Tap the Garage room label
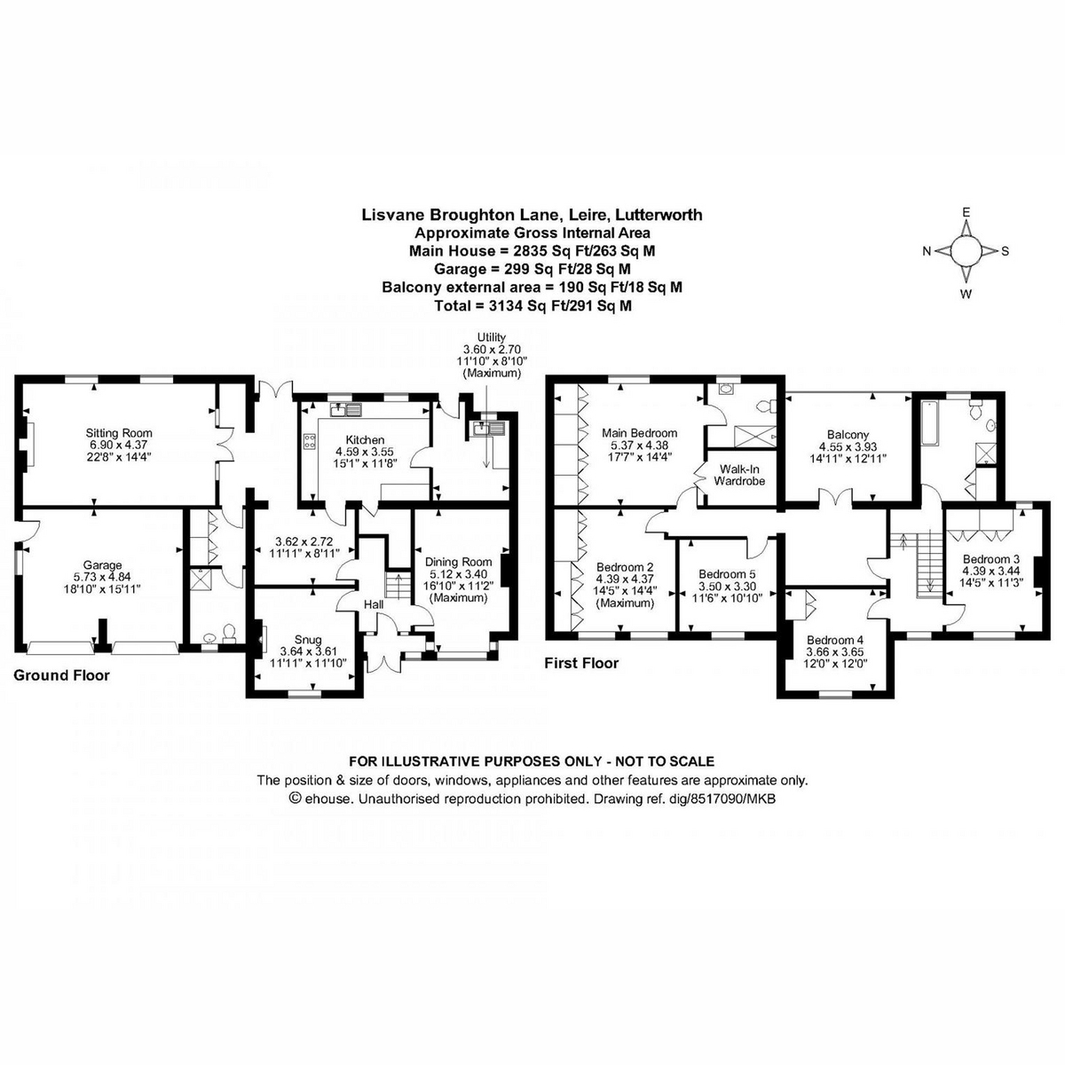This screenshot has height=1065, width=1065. coord(103,565)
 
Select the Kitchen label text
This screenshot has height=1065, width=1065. coord(365,439)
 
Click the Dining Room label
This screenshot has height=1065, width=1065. coord(458,562)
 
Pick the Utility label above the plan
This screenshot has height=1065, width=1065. coord(491,337)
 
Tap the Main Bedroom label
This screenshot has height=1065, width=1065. coord(639,433)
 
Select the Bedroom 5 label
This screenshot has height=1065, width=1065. coord(727,573)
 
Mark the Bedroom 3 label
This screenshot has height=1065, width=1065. coord(991,559)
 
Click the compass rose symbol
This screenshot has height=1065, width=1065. coord(966,251)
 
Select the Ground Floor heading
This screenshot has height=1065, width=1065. coord(62,675)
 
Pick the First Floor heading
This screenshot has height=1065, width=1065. coord(582,663)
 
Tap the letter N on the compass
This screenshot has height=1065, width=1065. coord(927,251)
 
